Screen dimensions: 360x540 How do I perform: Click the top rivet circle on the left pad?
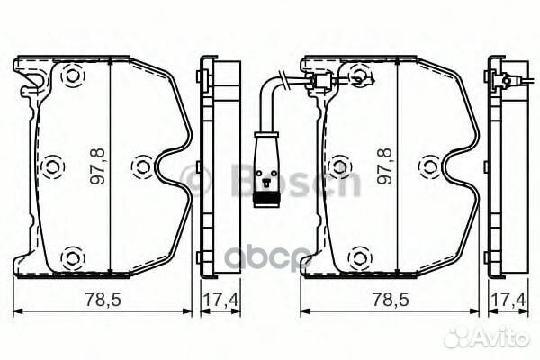click(x=70, y=78)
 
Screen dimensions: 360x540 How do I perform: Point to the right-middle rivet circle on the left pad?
click(x=142, y=166)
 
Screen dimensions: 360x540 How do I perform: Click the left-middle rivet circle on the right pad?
click(x=338, y=166)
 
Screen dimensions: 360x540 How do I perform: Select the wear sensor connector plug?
click(x=265, y=166)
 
